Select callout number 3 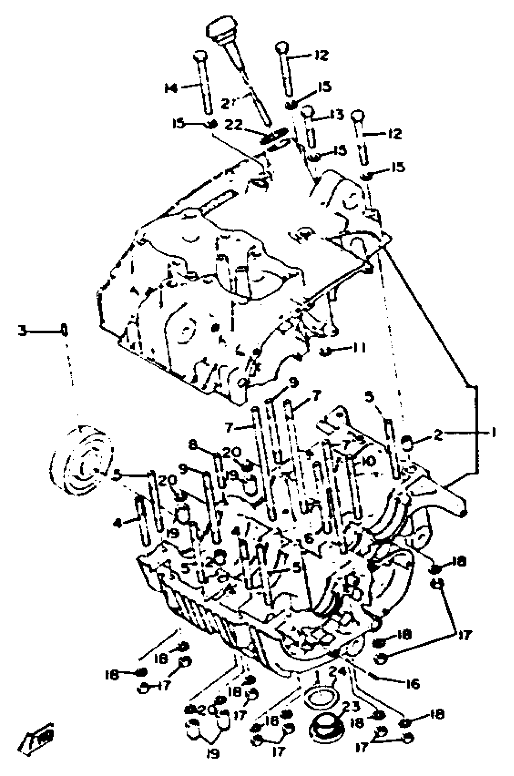click(22, 331)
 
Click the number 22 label click(234, 125)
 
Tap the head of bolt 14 click(200, 56)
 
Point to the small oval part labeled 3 click(65, 331)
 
